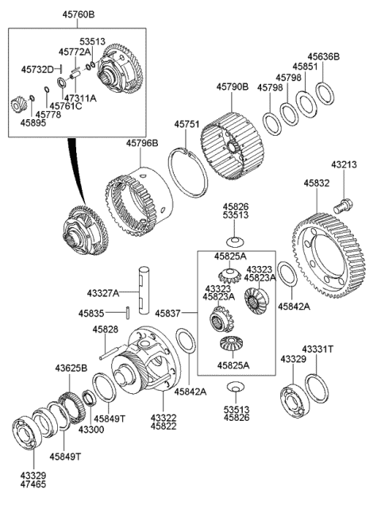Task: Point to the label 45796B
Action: click(x=141, y=143)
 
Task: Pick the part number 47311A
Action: click(x=80, y=98)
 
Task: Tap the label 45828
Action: click(x=105, y=329)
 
